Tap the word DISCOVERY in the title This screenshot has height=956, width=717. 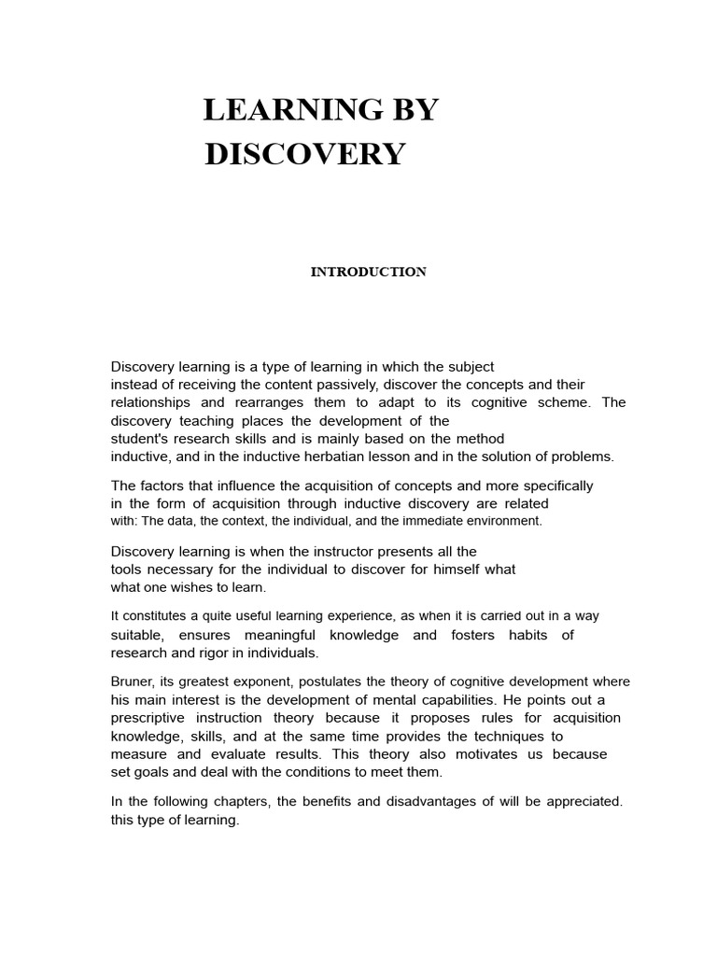304,154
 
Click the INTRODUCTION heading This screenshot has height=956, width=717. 369,272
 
